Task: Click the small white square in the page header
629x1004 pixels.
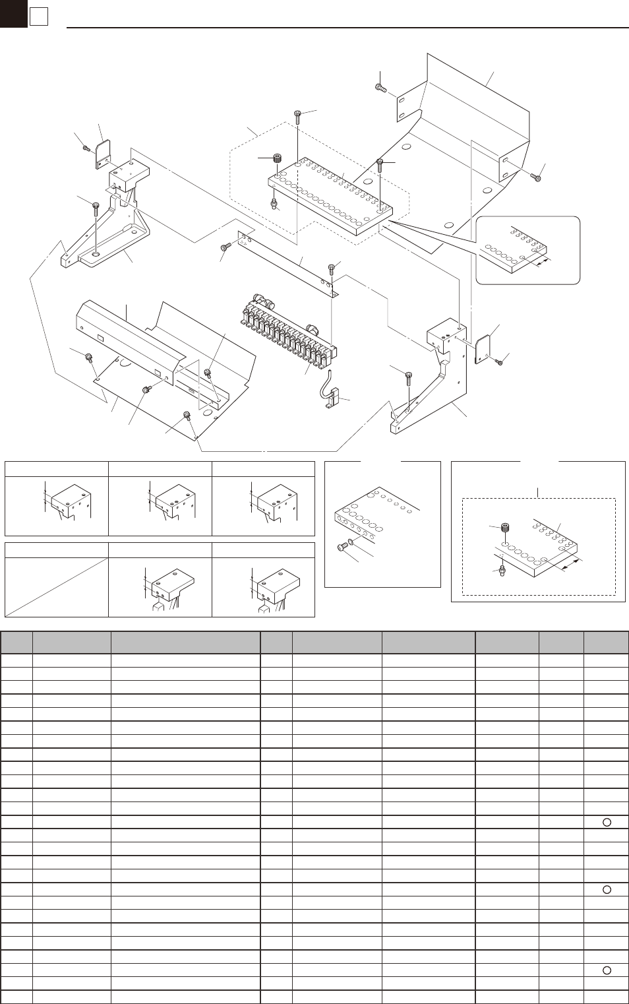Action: pyautogui.click(x=39, y=16)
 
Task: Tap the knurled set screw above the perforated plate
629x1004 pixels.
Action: pyautogui.click(x=278, y=158)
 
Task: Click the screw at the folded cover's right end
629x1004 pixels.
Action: pyautogui.click(x=536, y=177)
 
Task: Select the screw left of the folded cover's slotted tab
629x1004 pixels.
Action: pyautogui.click(x=380, y=88)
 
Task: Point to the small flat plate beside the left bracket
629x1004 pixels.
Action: pyautogui.click(x=102, y=153)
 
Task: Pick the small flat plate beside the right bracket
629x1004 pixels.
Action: pyautogui.click(x=482, y=348)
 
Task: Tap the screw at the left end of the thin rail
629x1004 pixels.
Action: pyautogui.click(x=225, y=247)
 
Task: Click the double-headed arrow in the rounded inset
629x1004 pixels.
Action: pyautogui.click(x=542, y=263)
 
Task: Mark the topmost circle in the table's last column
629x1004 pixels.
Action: pyautogui.click(x=607, y=822)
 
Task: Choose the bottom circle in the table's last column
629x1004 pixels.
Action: pyautogui.click(x=607, y=970)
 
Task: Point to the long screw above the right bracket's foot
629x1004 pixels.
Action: pyautogui.click(x=409, y=379)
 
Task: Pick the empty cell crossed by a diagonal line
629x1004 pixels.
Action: pyautogui.click(x=57, y=587)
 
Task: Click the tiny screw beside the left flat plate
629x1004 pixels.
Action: pyautogui.click(x=87, y=148)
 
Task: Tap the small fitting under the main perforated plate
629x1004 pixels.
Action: pyautogui.click(x=274, y=203)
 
